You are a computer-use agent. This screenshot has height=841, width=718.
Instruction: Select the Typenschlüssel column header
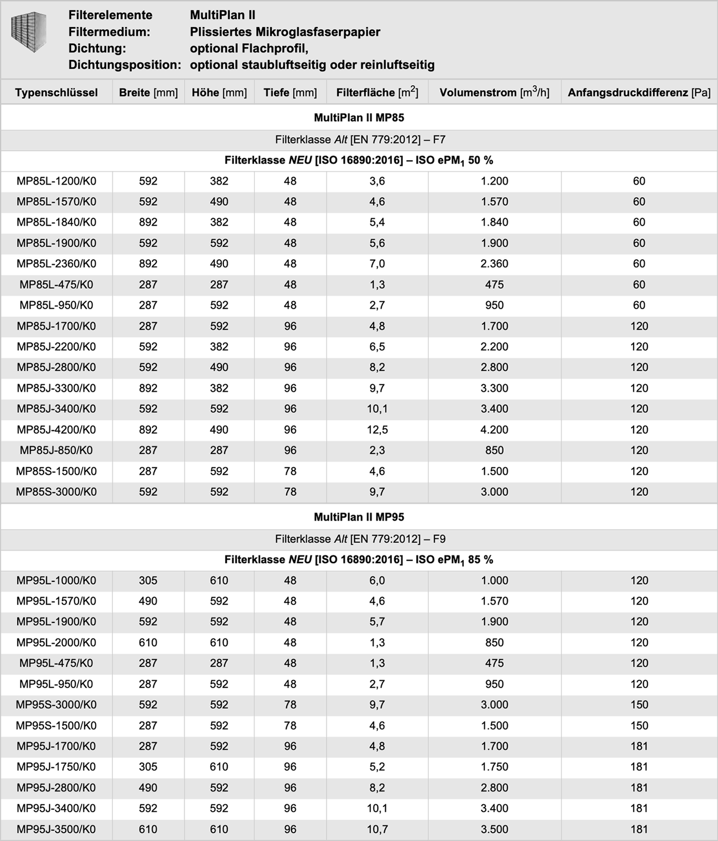click(x=56, y=93)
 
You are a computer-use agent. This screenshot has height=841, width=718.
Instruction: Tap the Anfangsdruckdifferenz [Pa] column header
click(x=639, y=93)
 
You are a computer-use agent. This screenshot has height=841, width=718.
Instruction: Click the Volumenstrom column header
click(x=494, y=93)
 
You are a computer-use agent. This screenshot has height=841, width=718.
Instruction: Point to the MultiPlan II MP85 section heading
click(x=359, y=117)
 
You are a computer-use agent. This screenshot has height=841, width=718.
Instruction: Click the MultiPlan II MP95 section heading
click(x=359, y=517)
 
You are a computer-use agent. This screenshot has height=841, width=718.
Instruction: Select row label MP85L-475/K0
click(x=56, y=284)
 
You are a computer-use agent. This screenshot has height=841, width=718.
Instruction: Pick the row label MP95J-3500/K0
click(x=56, y=829)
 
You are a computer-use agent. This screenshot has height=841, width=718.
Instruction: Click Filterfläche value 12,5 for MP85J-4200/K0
click(x=377, y=430)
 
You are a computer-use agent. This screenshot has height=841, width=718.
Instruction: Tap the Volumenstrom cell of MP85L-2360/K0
click(x=494, y=264)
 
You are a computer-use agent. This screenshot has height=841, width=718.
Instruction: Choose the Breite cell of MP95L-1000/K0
click(x=148, y=580)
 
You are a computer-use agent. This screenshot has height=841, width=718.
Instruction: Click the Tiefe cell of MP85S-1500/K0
click(x=290, y=471)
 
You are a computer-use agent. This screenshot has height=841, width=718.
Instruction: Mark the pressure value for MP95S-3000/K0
click(x=639, y=705)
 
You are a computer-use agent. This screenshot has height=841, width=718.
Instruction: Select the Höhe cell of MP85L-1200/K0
click(x=219, y=181)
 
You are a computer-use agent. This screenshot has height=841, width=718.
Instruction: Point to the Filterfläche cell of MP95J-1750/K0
click(x=377, y=767)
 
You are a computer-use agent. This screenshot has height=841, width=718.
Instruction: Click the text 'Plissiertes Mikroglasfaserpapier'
click(x=285, y=32)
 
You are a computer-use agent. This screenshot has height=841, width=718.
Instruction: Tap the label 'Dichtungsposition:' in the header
click(x=124, y=65)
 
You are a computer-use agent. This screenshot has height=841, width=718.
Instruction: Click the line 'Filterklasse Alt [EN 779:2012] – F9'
click(x=360, y=539)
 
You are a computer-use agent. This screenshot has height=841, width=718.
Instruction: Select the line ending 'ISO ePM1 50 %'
click(x=359, y=161)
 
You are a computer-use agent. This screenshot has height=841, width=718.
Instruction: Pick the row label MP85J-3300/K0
click(x=56, y=388)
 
